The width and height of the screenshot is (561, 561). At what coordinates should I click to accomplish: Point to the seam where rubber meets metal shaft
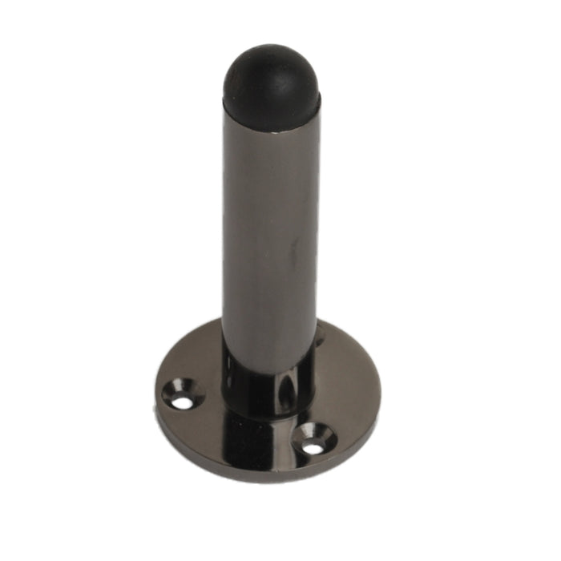(x=271, y=109)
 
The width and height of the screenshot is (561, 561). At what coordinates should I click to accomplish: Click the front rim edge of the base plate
(x=264, y=478)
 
